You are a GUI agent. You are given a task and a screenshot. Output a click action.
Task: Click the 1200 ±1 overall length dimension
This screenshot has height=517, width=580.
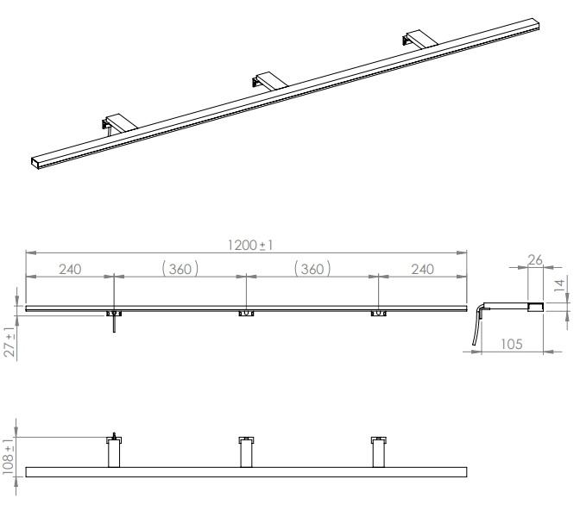point(250,246)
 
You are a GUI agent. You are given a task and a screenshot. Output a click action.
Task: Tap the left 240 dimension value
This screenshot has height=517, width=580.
point(70,269)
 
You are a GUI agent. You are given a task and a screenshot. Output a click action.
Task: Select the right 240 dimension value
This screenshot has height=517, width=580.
point(422,269)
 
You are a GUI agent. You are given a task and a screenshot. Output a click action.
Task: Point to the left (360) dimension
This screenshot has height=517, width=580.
point(180,269)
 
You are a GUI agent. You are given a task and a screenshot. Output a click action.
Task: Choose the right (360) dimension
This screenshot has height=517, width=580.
point(312,269)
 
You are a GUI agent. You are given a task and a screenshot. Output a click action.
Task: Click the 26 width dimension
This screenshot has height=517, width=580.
point(535,260)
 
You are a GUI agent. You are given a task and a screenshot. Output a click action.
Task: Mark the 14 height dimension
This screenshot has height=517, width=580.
point(560,285)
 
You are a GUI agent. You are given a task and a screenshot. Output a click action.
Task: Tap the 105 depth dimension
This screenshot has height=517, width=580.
point(512,344)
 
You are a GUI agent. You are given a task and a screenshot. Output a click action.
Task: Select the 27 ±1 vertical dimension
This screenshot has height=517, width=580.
point(10,341)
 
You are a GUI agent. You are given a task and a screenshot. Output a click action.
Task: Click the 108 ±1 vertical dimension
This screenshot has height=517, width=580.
point(8,457)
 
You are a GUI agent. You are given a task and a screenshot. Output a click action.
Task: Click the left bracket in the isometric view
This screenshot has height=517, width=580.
point(118,123)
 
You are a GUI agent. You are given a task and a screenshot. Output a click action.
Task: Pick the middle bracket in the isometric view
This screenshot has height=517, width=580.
point(270,80)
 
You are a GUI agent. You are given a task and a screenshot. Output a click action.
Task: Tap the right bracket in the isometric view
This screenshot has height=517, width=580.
point(420,39)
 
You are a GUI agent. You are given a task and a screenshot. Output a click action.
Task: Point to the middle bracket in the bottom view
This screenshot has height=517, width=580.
point(246,452)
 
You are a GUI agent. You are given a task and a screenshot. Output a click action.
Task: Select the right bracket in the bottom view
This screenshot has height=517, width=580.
point(378,452)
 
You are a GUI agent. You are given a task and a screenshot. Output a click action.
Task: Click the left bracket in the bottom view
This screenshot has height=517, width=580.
point(114,451)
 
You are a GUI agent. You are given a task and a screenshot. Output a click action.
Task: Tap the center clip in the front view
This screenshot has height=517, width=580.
point(246,314)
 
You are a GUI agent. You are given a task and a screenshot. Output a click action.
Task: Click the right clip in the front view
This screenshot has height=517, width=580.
point(378,314)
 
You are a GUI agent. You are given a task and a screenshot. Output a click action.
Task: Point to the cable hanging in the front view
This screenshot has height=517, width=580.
point(114,324)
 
